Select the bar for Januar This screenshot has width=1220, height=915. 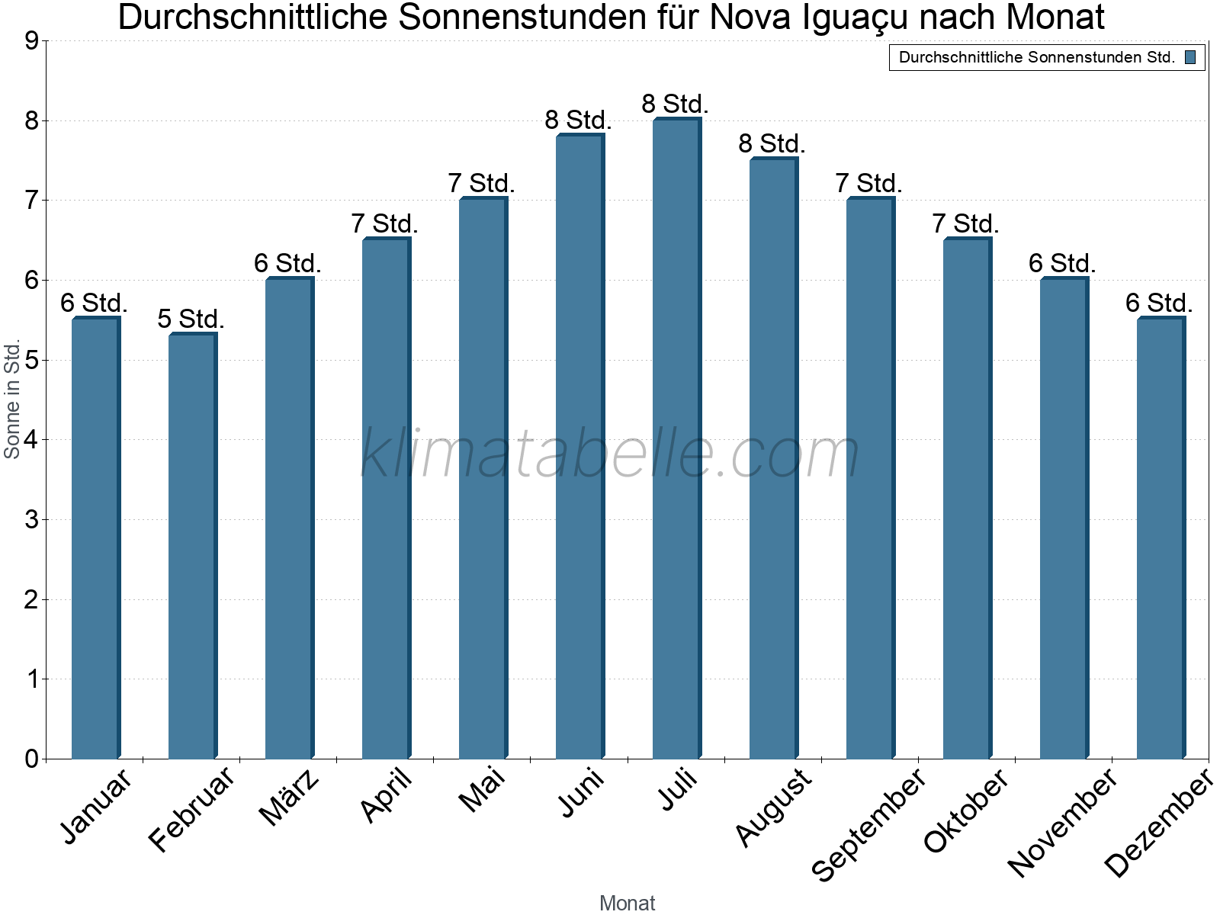point(95,538)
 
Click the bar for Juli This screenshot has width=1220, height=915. point(676,438)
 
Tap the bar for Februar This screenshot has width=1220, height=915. point(192,545)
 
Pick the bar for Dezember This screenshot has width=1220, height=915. point(1161,538)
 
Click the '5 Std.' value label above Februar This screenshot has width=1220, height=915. point(191,319)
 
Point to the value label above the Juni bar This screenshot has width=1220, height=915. point(578,120)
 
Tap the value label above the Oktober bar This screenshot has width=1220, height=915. point(965,223)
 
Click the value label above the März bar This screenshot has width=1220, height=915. point(287,263)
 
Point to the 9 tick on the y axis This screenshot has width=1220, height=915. point(31,41)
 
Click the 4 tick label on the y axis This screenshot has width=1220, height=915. point(31,440)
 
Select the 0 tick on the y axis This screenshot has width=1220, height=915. point(31,759)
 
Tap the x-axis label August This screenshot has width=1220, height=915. point(773,807)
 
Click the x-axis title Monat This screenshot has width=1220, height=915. point(627,903)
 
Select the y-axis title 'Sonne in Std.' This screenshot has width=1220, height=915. point(12,400)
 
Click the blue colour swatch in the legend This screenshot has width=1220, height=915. point(1190,57)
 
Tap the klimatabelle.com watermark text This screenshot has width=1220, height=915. point(610,454)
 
